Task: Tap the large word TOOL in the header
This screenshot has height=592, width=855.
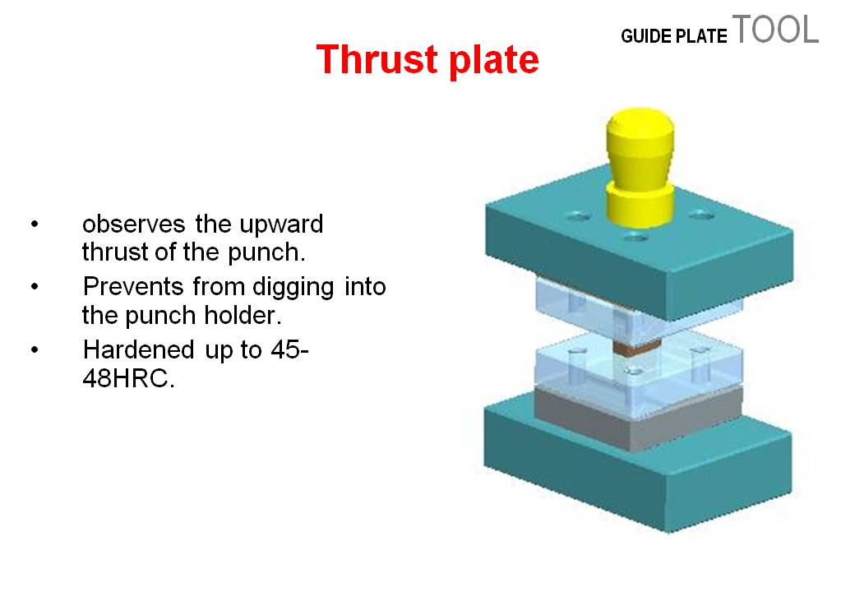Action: click(775, 30)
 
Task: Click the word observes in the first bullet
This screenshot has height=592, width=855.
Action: click(135, 224)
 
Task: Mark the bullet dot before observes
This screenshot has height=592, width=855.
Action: click(35, 224)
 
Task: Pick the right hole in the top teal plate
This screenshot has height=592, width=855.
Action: click(700, 215)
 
